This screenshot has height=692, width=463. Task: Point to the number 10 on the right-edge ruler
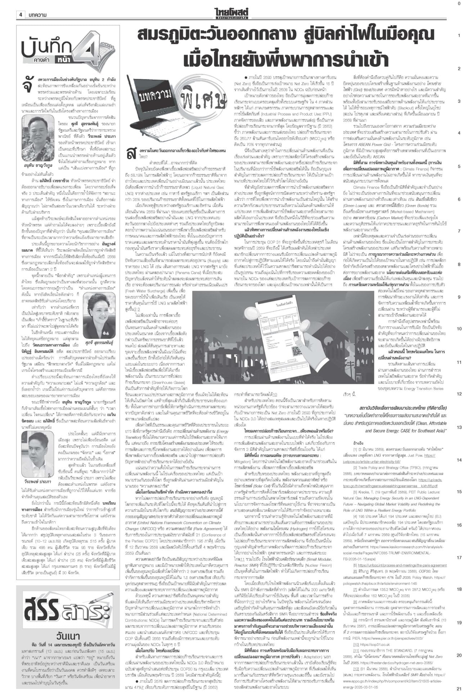pos(459,329)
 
